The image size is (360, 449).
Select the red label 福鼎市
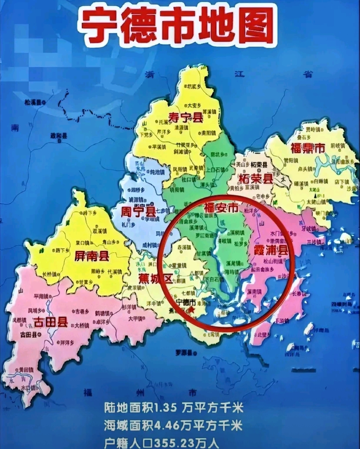pyautogui.click(x=307, y=148)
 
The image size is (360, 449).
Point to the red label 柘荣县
pyautogui.click(x=256, y=179)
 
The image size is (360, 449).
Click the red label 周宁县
pyautogui.click(x=134, y=211)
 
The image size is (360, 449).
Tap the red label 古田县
pyautogui.click(x=50, y=322)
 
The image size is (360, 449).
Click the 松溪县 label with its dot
pyautogui.click(x=35, y=103)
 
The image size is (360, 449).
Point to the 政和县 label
pyautogui.click(x=59, y=136)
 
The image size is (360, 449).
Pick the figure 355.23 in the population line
pyautogui.click(x=171, y=443)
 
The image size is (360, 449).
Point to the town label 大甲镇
pyautogui.click(x=136, y=319)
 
